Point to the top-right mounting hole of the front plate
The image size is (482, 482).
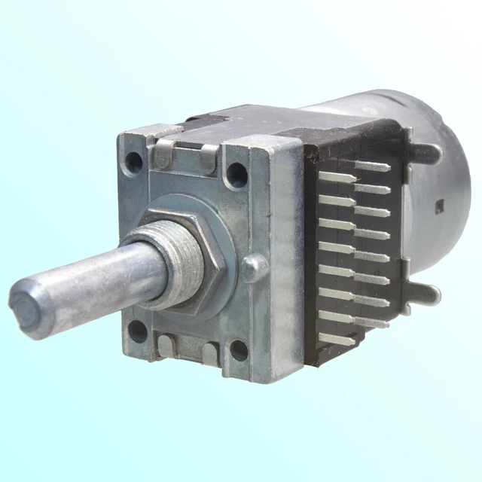[236, 175]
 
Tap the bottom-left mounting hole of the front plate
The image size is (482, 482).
[138, 328]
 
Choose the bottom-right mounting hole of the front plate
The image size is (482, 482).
[239, 349]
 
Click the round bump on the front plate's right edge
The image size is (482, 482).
[254, 267]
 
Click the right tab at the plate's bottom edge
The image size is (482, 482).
[210, 354]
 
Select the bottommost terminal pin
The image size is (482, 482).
[339, 340]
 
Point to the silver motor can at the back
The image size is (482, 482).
[444, 173]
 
